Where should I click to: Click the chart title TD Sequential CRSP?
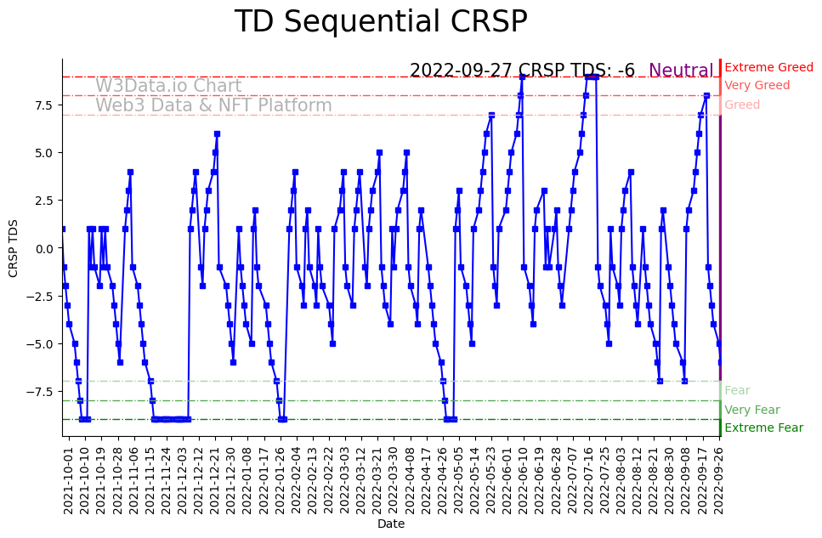[x=381, y=23]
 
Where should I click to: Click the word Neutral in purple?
[x=681, y=71]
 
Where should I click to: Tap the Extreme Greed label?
[x=768, y=67]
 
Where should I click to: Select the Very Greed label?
[x=757, y=86]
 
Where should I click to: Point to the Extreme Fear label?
[x=763, y=428]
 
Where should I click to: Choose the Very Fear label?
[x=751, y=410]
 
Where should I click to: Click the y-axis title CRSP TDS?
[x=13, y=248]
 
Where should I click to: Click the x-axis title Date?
[x=391, y=524]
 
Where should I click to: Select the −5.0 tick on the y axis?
[x=42, y=344]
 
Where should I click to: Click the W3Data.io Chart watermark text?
[x=168, y=87]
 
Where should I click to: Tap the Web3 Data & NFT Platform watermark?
[x=213, y=106]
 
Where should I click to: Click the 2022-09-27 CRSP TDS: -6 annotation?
[x=522, y=71]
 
